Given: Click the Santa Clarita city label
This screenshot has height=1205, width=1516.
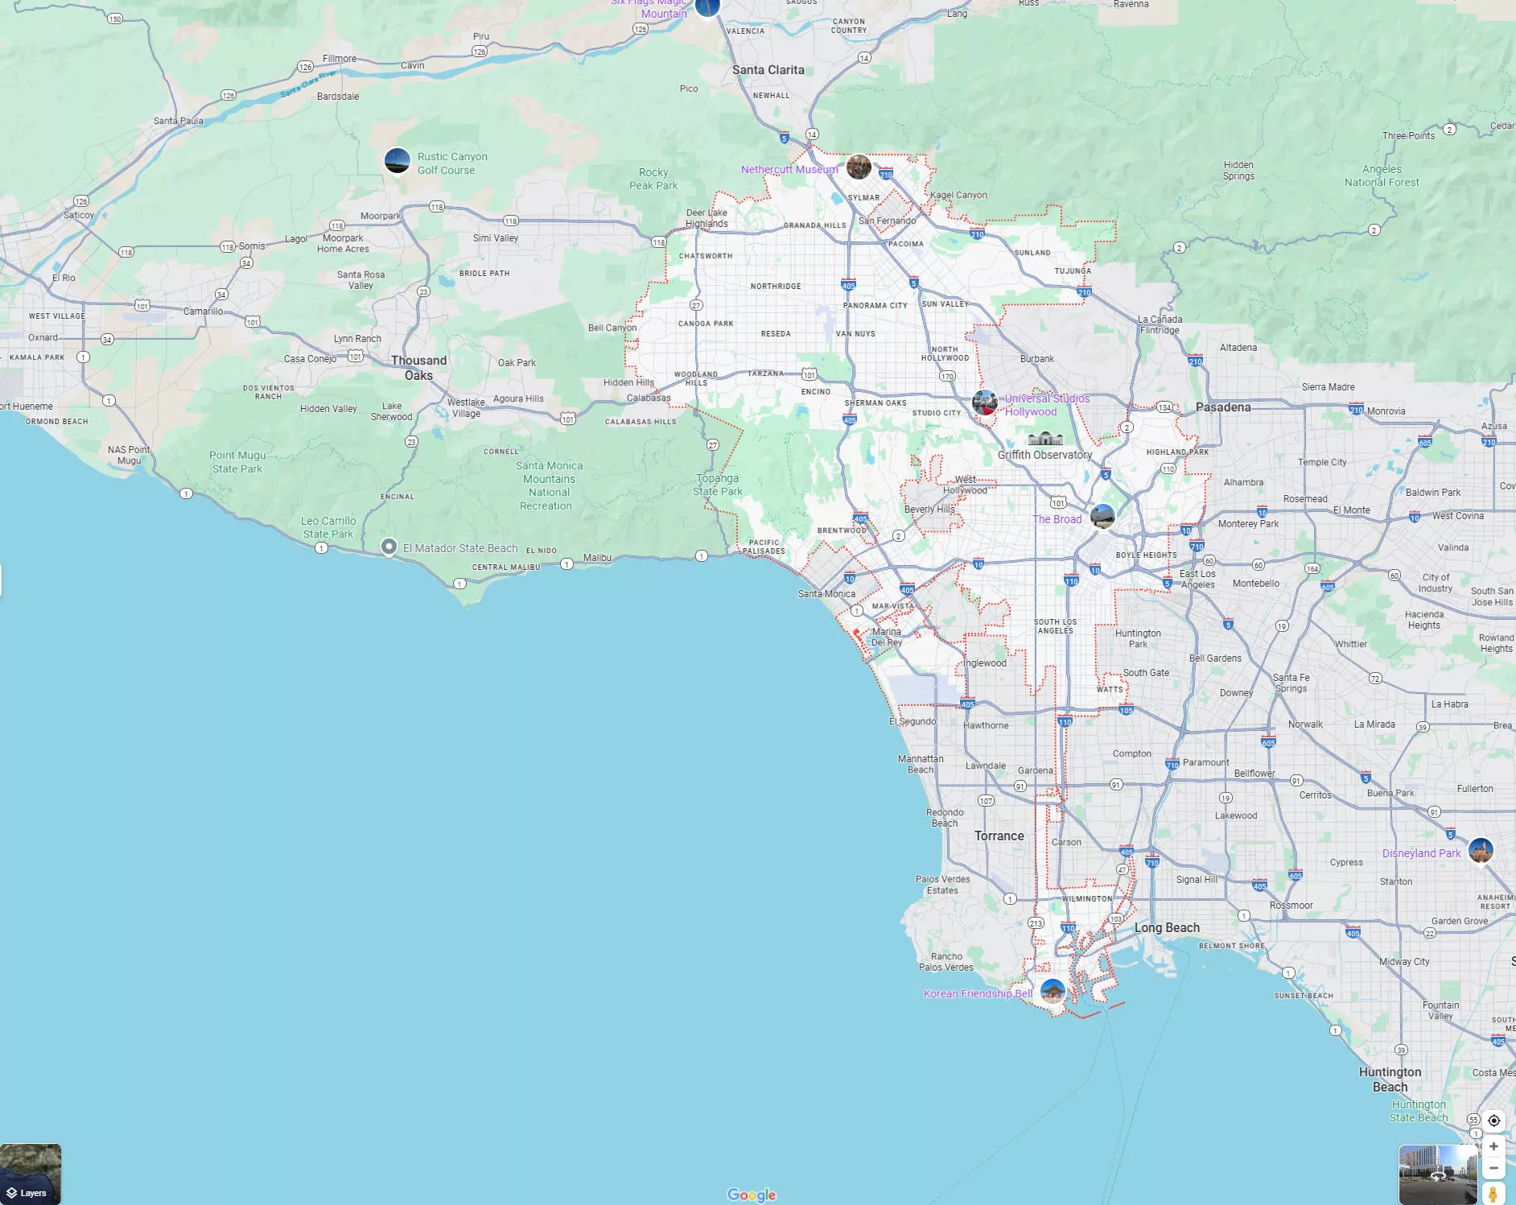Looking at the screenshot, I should pos(768,70).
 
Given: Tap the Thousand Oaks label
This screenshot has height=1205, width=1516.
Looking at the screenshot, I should pos(418,368).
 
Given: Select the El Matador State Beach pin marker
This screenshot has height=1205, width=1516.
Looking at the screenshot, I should pos(389,547).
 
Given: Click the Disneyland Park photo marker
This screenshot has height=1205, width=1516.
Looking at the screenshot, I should pos(1481,850).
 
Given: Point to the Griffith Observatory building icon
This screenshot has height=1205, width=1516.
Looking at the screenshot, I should pos(1045,439).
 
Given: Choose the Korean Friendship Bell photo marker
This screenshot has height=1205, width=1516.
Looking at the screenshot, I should pos(1053,991).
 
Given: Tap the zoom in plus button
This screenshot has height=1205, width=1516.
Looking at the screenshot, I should pos(1493,1146).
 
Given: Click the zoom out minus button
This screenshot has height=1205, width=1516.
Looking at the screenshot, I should pos(1493,1168).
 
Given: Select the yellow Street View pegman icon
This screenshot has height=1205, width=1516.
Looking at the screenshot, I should pos(1493,1194).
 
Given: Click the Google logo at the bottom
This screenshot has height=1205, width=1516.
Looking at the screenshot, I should pos(752,1195).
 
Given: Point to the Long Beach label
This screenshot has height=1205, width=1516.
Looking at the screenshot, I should pos(1167,928).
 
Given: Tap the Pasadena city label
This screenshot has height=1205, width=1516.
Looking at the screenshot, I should pos(1223,407).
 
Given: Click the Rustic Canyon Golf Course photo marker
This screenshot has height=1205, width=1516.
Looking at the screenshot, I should pos(398,161).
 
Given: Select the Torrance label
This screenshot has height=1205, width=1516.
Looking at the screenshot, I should pos(999,836).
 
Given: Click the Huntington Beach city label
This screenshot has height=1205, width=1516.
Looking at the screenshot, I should pos(1390,1079).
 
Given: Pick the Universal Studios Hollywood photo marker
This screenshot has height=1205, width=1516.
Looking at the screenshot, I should pos(985,402).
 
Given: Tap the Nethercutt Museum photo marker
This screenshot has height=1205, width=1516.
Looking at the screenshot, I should pos(859,167).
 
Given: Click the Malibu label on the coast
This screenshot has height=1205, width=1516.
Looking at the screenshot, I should pos(597,558).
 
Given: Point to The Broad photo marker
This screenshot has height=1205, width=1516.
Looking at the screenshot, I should pos(1102,516).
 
